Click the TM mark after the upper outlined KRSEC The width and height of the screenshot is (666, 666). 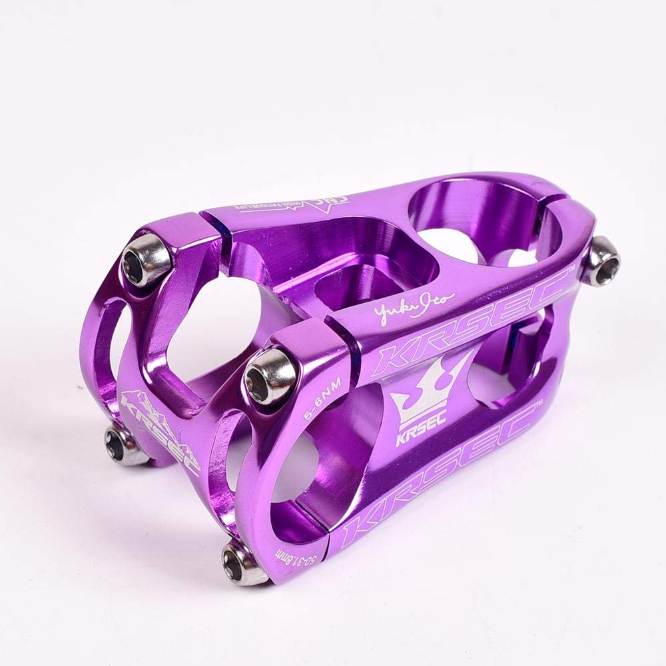[571, 272]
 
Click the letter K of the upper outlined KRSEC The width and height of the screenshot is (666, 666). [394, 358]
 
